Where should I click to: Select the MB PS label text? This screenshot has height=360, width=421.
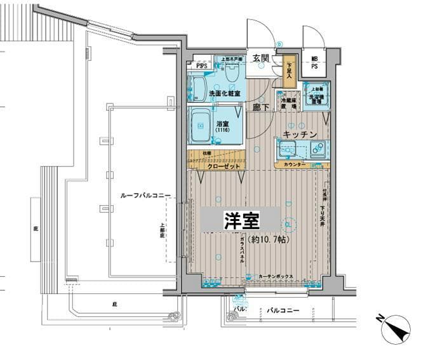click(314, 63)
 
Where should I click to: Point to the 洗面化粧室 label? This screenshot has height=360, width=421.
click(225, 94)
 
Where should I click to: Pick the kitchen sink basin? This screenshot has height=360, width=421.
click(289, 150)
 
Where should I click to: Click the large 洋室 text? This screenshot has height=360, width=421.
click(241, 220)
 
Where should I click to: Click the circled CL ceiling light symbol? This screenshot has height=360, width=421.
click(287, 224)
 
